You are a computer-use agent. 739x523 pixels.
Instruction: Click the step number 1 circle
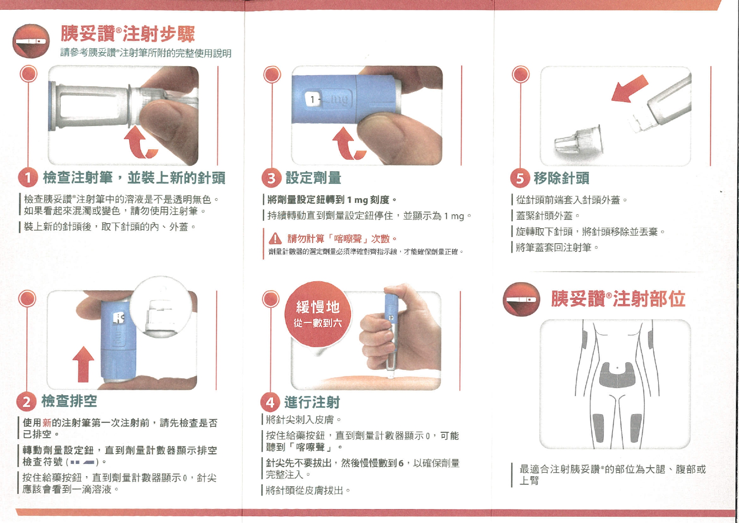click(x=28, y=178)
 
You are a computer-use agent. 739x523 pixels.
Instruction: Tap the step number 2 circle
click(x=26, y=402)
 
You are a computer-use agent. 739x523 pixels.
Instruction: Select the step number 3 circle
click(x=271, y=178)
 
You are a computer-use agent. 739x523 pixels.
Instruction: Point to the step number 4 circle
click(x=270, y=402)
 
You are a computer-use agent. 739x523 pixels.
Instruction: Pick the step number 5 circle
click(x=520, y=178)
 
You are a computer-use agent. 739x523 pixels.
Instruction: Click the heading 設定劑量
click(x=313, y=178)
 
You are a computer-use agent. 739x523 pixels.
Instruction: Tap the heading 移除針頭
click(x=562, y=178)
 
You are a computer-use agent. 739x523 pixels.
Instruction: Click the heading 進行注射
click(x=312, y=402)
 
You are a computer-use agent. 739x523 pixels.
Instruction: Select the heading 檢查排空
click(x=69, y=401)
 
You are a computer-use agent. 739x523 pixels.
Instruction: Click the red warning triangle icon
click(x=275, y=239)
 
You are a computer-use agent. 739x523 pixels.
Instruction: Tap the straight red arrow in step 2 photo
click(x=83, y=364)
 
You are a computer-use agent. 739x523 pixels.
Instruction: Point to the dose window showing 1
click(x=312, y=100)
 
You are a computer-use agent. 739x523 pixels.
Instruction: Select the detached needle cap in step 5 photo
click(x=578, y=140)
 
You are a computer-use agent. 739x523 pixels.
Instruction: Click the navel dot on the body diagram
click(x=618, y=368)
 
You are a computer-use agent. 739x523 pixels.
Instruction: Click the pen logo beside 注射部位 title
click(x=521, y=299)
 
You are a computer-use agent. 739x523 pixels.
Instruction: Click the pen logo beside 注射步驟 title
click(x=31, y=41)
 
